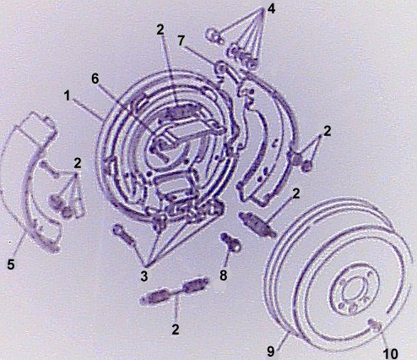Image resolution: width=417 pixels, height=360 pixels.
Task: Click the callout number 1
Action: click(67, 96)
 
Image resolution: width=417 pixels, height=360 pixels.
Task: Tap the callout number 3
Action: click(144, 276)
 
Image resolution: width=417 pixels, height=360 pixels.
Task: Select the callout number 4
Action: click(271, 8)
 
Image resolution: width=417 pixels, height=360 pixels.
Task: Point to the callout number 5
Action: click(11, 265)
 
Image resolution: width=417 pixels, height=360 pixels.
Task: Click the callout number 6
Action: click(95, 79)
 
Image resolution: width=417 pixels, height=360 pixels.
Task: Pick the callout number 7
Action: click(181, 41)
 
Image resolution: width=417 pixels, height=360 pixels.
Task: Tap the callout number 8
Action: click(223, 275)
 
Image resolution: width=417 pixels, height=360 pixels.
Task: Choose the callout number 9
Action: click(270, 352)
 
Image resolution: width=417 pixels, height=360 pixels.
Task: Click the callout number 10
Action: click(390, 353)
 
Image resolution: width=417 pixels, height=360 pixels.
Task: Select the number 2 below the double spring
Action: click(176, 329)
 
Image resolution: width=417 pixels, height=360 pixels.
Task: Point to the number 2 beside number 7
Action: click(160, 30)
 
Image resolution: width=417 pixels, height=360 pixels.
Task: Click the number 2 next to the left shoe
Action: click(78, 163)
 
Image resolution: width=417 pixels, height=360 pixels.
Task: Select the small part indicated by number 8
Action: click(231, 242)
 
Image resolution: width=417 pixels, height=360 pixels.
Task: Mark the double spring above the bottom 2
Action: click(175, 290)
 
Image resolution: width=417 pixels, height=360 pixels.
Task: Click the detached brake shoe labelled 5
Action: click(31, 180)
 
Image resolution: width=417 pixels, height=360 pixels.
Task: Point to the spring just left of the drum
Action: click(257, 223)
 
